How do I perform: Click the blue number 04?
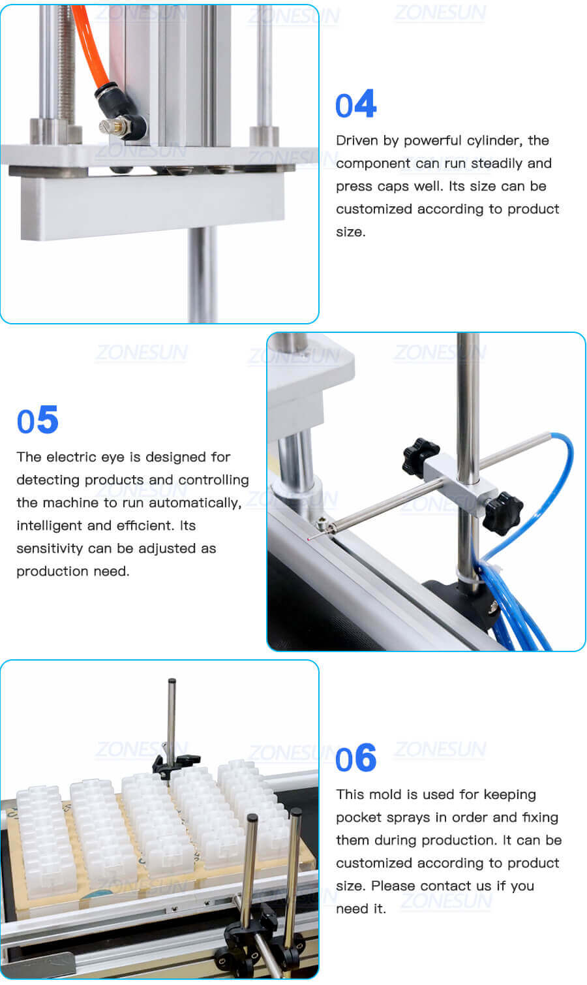click(355, 105)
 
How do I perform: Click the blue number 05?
click(37, 420)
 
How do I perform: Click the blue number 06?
click(355, 758)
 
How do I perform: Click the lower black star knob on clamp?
click(504, 514)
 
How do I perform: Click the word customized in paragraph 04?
click(374, 209)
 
